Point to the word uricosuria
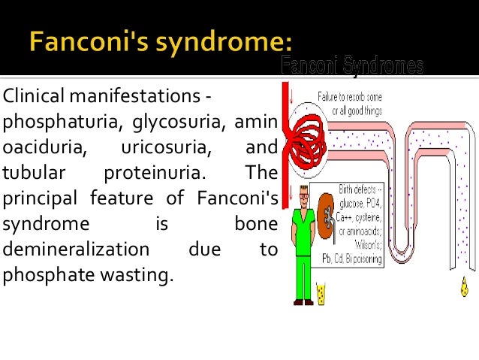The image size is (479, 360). click(166, 147)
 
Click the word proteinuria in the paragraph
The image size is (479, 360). click(153, 173)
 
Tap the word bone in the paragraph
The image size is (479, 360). click(255, 224)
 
